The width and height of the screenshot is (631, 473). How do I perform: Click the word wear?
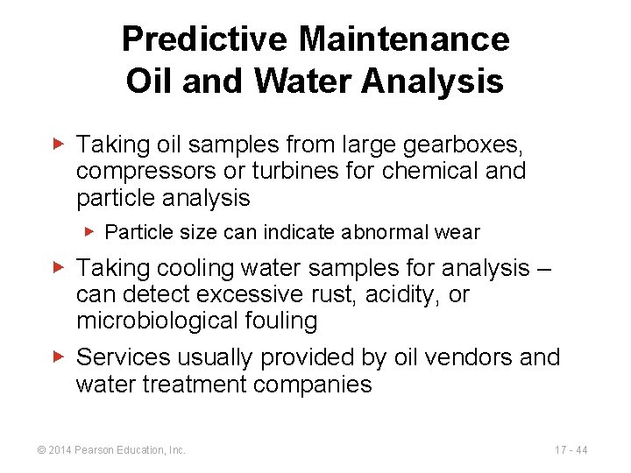461,232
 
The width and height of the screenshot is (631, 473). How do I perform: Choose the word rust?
354,294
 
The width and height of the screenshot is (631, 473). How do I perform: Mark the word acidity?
410,294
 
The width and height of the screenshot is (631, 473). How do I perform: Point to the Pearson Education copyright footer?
112,450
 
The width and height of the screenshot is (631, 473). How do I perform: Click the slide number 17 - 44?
571,450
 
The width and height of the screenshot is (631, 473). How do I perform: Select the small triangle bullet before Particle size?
92,232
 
